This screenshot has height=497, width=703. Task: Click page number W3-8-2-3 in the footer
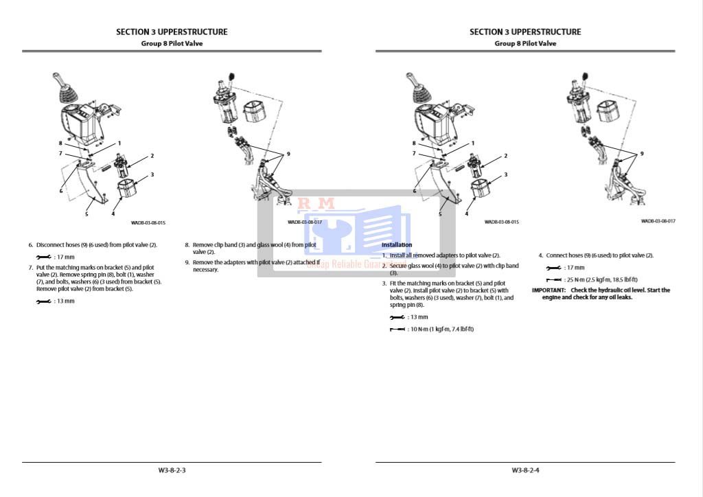(172, 470)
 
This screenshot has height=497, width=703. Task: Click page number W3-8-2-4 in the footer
(525, 470)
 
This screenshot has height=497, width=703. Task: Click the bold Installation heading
(397, 244)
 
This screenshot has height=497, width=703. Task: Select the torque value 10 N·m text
(441, 330)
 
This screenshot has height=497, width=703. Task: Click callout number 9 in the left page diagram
(288, 154)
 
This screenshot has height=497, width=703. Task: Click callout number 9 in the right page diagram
(642, 154)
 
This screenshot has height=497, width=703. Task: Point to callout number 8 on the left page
(60, 143)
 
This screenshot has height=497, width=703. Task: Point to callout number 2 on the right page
(506, 156)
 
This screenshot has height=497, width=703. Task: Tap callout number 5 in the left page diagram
(87, 214)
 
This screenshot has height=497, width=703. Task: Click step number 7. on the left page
(31, 266)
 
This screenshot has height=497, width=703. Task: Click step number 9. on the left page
(187, 262)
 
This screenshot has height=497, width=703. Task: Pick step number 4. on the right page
(541, 255)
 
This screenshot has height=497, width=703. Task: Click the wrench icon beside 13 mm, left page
(43, 302)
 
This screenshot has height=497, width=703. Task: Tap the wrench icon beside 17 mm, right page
(553, 268)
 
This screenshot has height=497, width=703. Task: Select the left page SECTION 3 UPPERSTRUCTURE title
(172, 32)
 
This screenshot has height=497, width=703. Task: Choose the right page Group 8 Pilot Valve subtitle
(525, 43)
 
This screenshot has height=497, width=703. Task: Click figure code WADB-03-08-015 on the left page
(148, 222)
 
